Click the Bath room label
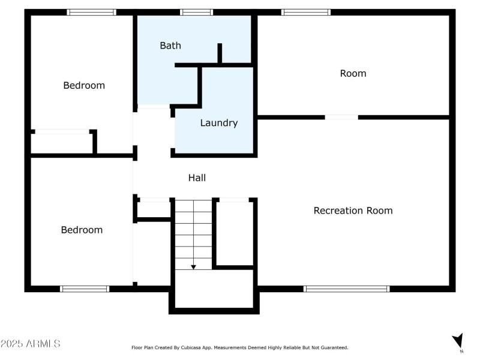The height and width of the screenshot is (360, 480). click(x=170, y=46)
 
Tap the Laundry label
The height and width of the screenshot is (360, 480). click(x=219, y=123)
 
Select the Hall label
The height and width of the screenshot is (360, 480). click(x=197, y=178)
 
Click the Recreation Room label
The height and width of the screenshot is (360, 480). click(x=353, y=211)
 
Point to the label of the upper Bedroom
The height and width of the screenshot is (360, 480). click(x=84, y=85)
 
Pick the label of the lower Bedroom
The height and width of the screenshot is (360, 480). click(x=82, y=230)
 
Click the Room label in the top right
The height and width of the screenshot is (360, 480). click(x=353, y=73)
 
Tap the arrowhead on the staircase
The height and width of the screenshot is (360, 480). click(x=193, y=266)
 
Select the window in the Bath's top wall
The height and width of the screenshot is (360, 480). click(x=196, y=12)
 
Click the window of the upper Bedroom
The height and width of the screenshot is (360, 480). click(x=91, y=12)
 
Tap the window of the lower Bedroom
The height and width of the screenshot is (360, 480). click(x=85, y=289)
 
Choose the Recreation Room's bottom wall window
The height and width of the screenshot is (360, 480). click(x=346, y=289)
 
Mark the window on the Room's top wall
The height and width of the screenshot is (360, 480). click(x=305, y=12)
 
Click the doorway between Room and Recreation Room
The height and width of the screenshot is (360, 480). click(x=341, y=117)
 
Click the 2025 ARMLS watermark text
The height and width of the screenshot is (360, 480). click(x=30, y=344)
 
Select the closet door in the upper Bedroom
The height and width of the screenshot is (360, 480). click(x=62, y=131)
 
